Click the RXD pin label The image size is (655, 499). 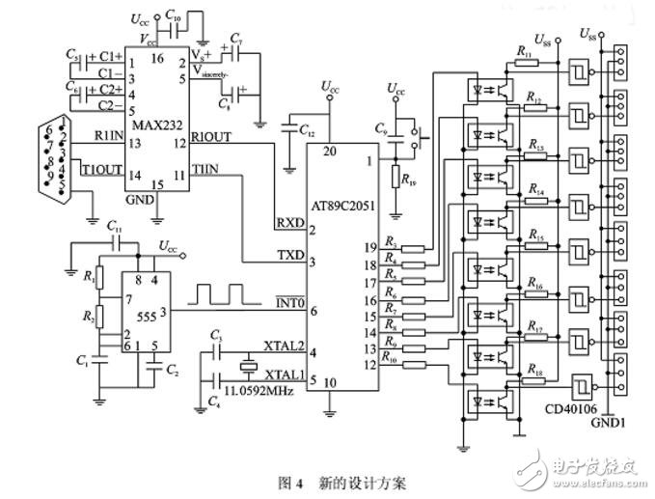pos(289,220)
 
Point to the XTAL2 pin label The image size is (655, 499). pos(283,344)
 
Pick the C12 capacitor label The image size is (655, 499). pos(306,128)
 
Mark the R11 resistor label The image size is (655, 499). pos(524,49)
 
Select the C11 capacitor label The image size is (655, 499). pos(115,226)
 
